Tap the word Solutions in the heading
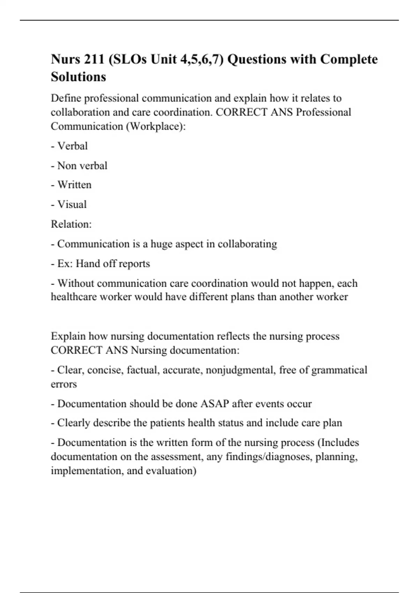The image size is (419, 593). coord(78,77)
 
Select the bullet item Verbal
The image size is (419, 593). coord(72,146)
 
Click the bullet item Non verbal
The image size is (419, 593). coord(82,165)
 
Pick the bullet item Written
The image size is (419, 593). coord(74,185)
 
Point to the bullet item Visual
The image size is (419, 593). coord(72,204)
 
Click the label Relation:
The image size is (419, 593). coord(71,224)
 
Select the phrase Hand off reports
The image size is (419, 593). coord(113,263)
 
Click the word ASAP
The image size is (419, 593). coord(215,404)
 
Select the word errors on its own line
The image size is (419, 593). coord(64,384)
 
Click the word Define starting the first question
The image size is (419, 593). coord(66,98)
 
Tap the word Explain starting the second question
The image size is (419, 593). coord(68,336)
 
